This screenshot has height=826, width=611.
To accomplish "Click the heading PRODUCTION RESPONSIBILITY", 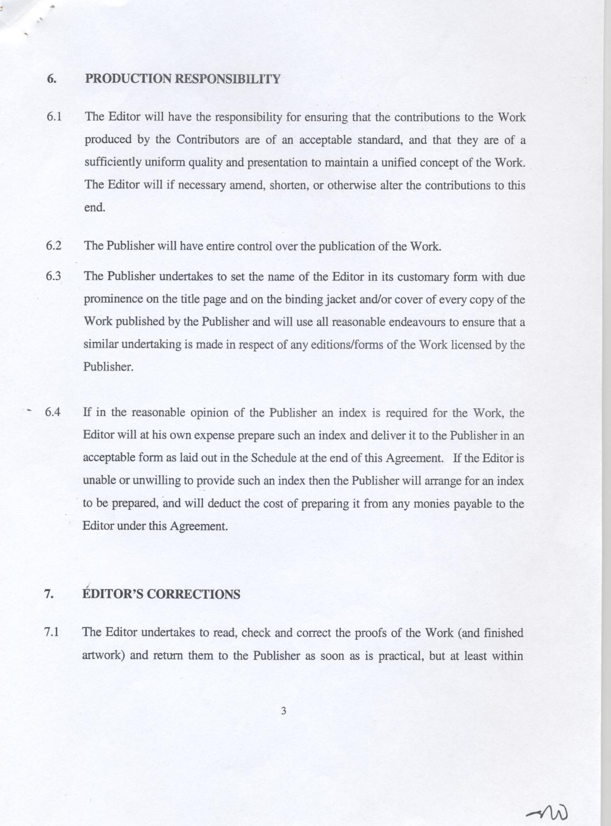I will point(182,79).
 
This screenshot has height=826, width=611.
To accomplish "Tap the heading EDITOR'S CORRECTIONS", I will point(161,594).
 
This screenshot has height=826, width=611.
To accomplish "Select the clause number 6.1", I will point(54,117).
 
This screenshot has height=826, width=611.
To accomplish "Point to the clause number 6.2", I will point(54,246).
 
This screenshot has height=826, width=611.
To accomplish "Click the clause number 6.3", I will point(54,277).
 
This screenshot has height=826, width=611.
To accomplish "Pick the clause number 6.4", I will point(53,412).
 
